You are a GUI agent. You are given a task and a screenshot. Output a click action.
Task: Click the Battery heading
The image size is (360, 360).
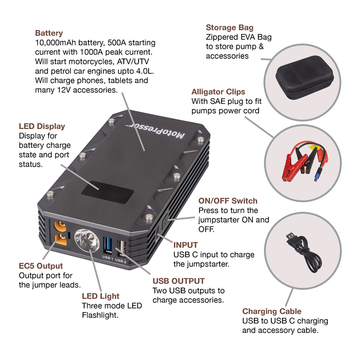point(49,33)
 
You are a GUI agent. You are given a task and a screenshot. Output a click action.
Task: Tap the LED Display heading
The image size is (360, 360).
point(42,126)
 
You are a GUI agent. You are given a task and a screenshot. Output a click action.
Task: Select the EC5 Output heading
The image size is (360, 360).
point(40,266)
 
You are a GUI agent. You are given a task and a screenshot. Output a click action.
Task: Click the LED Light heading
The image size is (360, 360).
point(100,296)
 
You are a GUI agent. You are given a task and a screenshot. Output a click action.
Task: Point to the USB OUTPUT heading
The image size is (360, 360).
point(178,281)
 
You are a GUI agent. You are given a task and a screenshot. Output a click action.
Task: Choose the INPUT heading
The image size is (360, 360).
point(185,245)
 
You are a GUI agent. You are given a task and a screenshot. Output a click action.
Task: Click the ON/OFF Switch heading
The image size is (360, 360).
point(228,201)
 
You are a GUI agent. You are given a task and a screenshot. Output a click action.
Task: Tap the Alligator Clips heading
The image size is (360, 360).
point(218,92)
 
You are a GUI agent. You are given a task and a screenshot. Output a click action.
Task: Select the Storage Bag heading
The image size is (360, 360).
point(229,28)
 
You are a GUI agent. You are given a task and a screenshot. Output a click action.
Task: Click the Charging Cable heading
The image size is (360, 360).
point(272,311)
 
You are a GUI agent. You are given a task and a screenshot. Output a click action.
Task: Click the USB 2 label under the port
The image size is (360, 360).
point(121,261)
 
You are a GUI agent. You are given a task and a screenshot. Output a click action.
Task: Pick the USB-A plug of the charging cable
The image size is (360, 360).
point(292,237)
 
